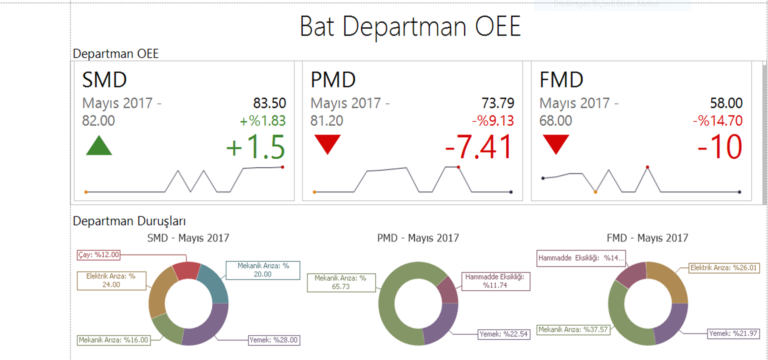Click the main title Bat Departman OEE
coord(410,27)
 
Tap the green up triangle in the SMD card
coord(99,146)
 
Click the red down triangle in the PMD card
coord(327,143)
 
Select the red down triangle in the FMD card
coord(556,143)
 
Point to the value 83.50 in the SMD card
coord(270,103)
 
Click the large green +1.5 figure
coord(256,147)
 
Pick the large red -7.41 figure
coord(479,147)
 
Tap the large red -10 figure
coord(720,147)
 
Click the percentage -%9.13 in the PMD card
coord(493,121)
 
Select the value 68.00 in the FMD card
coord(556,121)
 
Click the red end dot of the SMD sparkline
coord(283,167)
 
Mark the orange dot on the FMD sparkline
coord(595,192)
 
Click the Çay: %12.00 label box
coord(99,255)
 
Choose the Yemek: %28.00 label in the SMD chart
coord(274,340)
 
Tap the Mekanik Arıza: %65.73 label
coord(341,282)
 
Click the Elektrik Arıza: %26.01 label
coord(723,268)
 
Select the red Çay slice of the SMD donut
coord(186,270)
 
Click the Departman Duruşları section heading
coord(129,221)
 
